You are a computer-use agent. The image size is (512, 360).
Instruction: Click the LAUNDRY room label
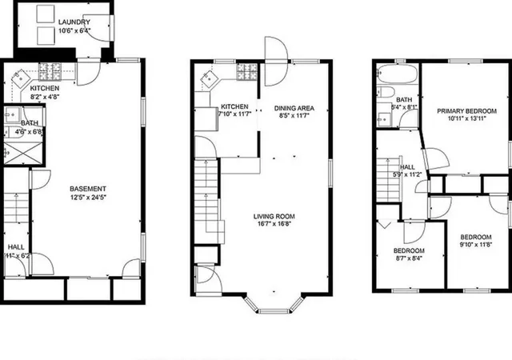click(73, 22)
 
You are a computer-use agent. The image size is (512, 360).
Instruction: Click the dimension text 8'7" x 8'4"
click(408, 258)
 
